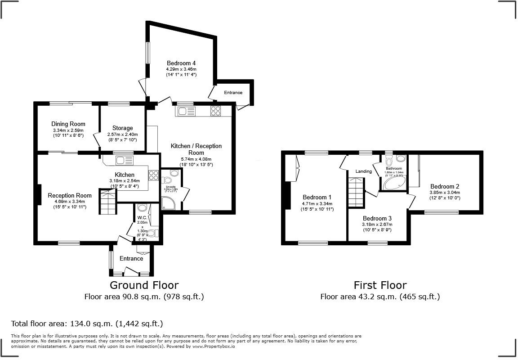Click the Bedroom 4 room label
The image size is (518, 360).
click(181, 63)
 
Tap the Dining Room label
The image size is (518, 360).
click(68, 124)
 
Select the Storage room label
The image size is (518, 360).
click(122, 128)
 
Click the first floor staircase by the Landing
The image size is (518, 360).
click(356, 192)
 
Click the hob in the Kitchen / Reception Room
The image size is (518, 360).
click(215, 111)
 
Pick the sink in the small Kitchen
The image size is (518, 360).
click(121, 160)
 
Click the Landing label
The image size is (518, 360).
click(364, 171)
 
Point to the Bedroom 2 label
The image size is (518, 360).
click(444, 186)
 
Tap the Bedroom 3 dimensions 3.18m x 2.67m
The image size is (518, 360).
click(377, 224)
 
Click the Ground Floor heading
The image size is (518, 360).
click(144, 285)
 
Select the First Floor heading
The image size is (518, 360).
click(380, 285)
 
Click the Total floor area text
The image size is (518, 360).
click(87, 324)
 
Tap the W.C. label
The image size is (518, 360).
click(142, 217)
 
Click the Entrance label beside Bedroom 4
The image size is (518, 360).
click(232, 93)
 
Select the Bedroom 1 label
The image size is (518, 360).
click(317, 197)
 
